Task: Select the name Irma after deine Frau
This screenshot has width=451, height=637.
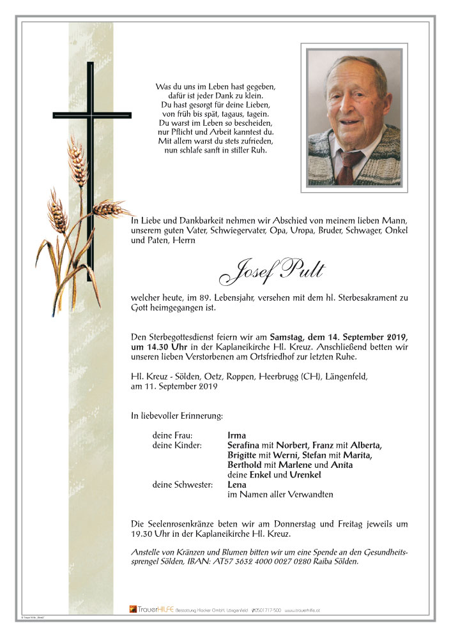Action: pos(236,435)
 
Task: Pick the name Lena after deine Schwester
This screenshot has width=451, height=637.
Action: pos(237,484)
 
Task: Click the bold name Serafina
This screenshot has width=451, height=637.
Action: pos(245,445)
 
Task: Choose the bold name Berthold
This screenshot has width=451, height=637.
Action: pos(246,465)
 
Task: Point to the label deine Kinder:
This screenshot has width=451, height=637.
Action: pos(177,445)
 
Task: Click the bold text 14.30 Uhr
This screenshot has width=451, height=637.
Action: pos(151,347)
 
